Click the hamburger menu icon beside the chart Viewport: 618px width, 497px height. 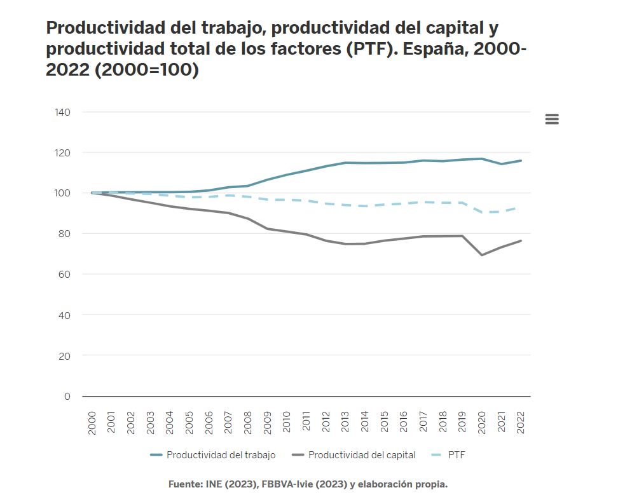pos(551,119)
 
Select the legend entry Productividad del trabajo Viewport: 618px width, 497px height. pos(220,455)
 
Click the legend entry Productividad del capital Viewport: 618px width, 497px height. pos(361,455)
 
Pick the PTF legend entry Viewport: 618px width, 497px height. pos(457,455)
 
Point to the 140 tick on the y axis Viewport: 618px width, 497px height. pos(62,112)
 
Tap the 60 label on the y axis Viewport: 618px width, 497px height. pos(64,274)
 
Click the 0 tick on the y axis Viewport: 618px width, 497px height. pos(67,396)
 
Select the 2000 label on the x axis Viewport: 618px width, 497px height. pos(92,423)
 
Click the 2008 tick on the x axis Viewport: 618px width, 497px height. pos(248,423)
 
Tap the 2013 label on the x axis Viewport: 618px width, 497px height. pos(345,423)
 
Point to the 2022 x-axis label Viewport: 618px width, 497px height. pos(521,423)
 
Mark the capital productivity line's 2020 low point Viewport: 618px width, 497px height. pos(482,255)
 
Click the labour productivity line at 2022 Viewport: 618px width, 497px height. pos(521,161)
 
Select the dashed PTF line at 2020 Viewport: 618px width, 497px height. pos(482,212)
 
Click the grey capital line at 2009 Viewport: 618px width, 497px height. pos(268,229)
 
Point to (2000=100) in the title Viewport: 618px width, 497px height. pos(147,71)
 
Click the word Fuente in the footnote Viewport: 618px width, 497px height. pos(184,484)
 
